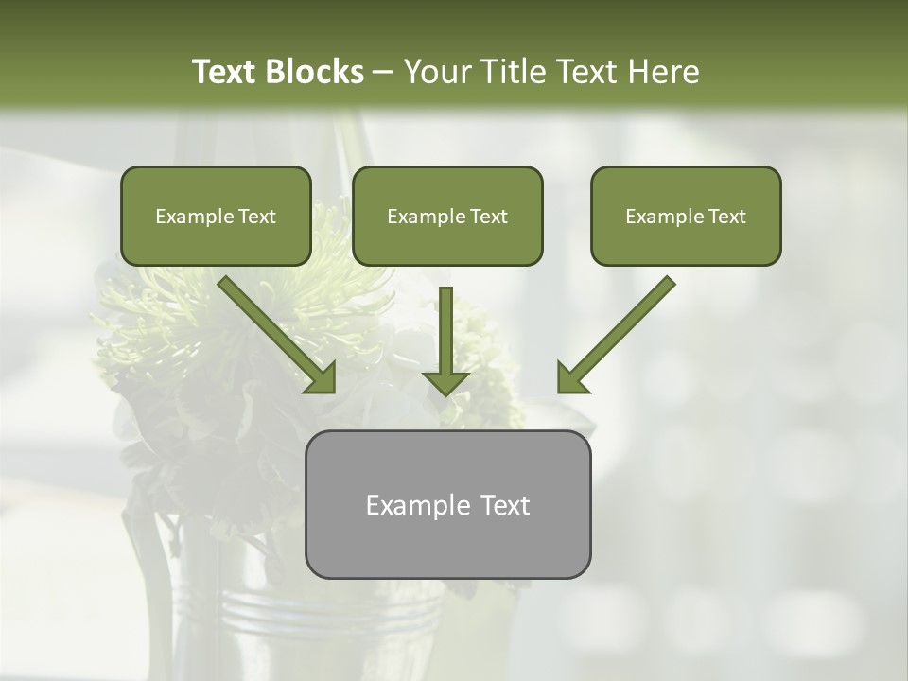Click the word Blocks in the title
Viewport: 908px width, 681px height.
[x=313, y=72]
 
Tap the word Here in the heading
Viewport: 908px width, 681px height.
[x=662, y=72]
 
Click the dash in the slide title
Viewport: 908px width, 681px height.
[x=383, y=72]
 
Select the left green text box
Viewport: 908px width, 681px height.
[x=216, y=217]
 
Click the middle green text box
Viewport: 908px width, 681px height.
[x=447, y=217]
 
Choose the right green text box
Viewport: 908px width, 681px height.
[x=686, y=217]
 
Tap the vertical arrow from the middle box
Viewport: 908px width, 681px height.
[x=446, y=331]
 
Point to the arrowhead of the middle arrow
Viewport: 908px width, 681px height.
[x=446, y=382]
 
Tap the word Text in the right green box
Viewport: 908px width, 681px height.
[x=726, y=217]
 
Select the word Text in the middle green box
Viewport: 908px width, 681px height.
[x=488, y=217]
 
